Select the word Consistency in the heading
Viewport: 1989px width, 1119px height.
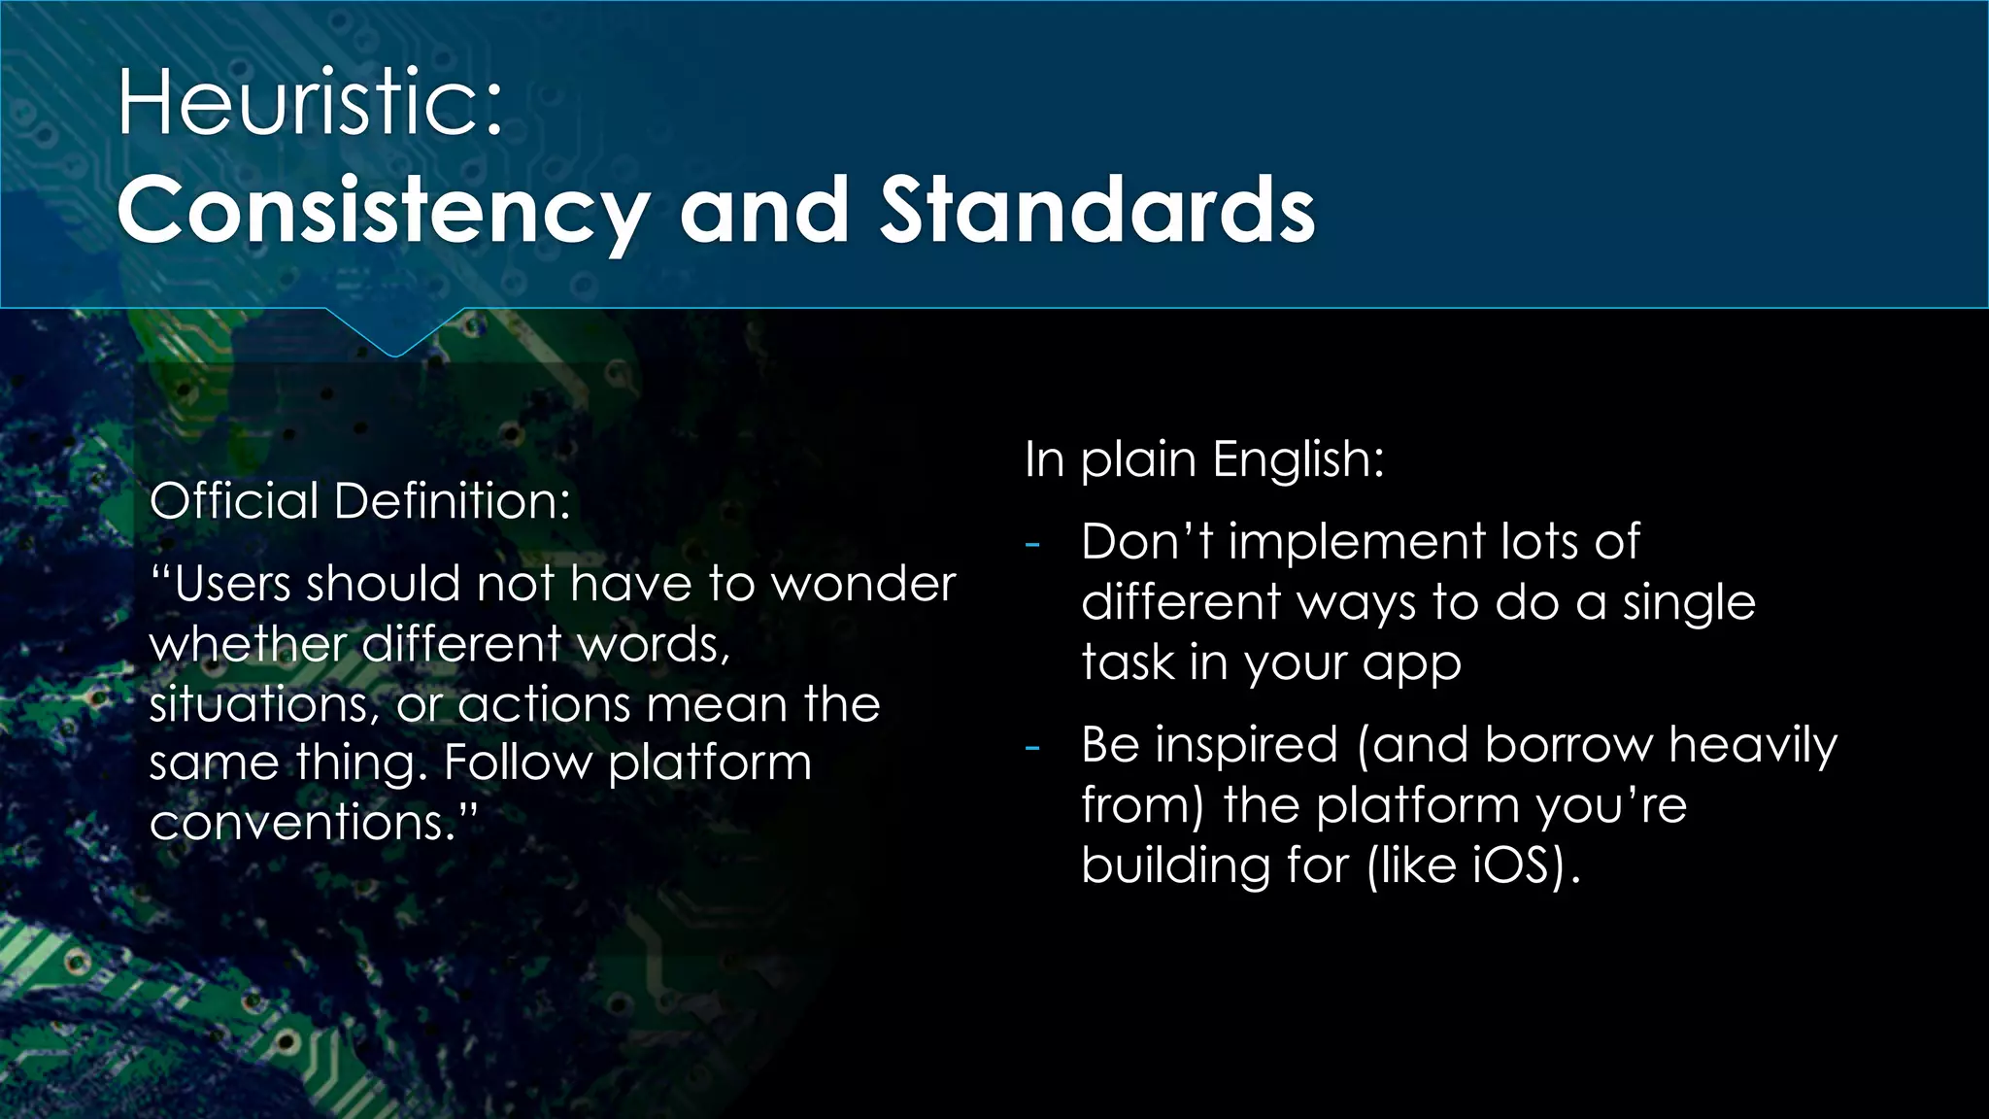[x=383, y=212]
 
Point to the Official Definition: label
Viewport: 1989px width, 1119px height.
[x=359, y=501]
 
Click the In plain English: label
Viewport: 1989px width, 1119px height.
[x=1203, y=458]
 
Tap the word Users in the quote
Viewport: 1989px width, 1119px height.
[x=233, y=585]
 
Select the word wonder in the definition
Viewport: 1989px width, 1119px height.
[x=863, y=585]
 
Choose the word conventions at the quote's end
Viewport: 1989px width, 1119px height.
[x=301, y=823]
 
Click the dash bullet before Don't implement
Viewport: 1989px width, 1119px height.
[x=1032, y=543]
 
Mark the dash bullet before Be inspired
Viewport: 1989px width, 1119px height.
[x=1032, y=747]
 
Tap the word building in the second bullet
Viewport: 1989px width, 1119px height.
[x=1175, y=865]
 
